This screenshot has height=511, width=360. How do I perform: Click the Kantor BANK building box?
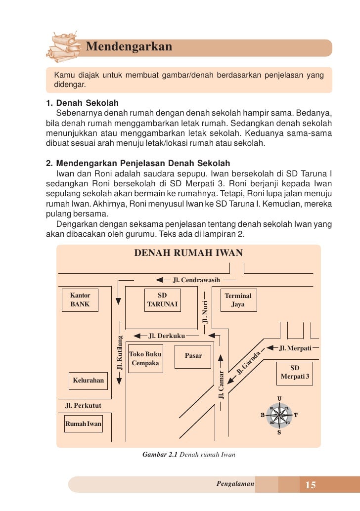tap(80, 300)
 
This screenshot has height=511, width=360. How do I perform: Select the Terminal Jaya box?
tap(238, 300)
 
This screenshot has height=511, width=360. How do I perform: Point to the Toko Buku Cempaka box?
tap(145, 359)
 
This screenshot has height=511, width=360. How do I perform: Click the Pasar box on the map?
tap(193, 355)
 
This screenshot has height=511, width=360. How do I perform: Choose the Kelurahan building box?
tap(89, 381)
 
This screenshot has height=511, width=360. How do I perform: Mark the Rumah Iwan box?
tap(83, 424)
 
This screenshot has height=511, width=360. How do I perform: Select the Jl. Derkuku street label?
tap(167, 336)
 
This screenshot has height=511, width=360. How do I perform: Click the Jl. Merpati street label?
tap(295, 348)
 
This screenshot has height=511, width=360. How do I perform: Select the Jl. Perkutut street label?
tap(84, 406)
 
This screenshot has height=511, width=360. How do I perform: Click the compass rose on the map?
tap(279, 415)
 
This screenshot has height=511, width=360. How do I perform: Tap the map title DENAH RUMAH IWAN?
tap(188, 253)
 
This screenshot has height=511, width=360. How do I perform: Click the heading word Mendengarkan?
tap(129, 47)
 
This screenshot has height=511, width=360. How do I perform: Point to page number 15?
tap(311, 485)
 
